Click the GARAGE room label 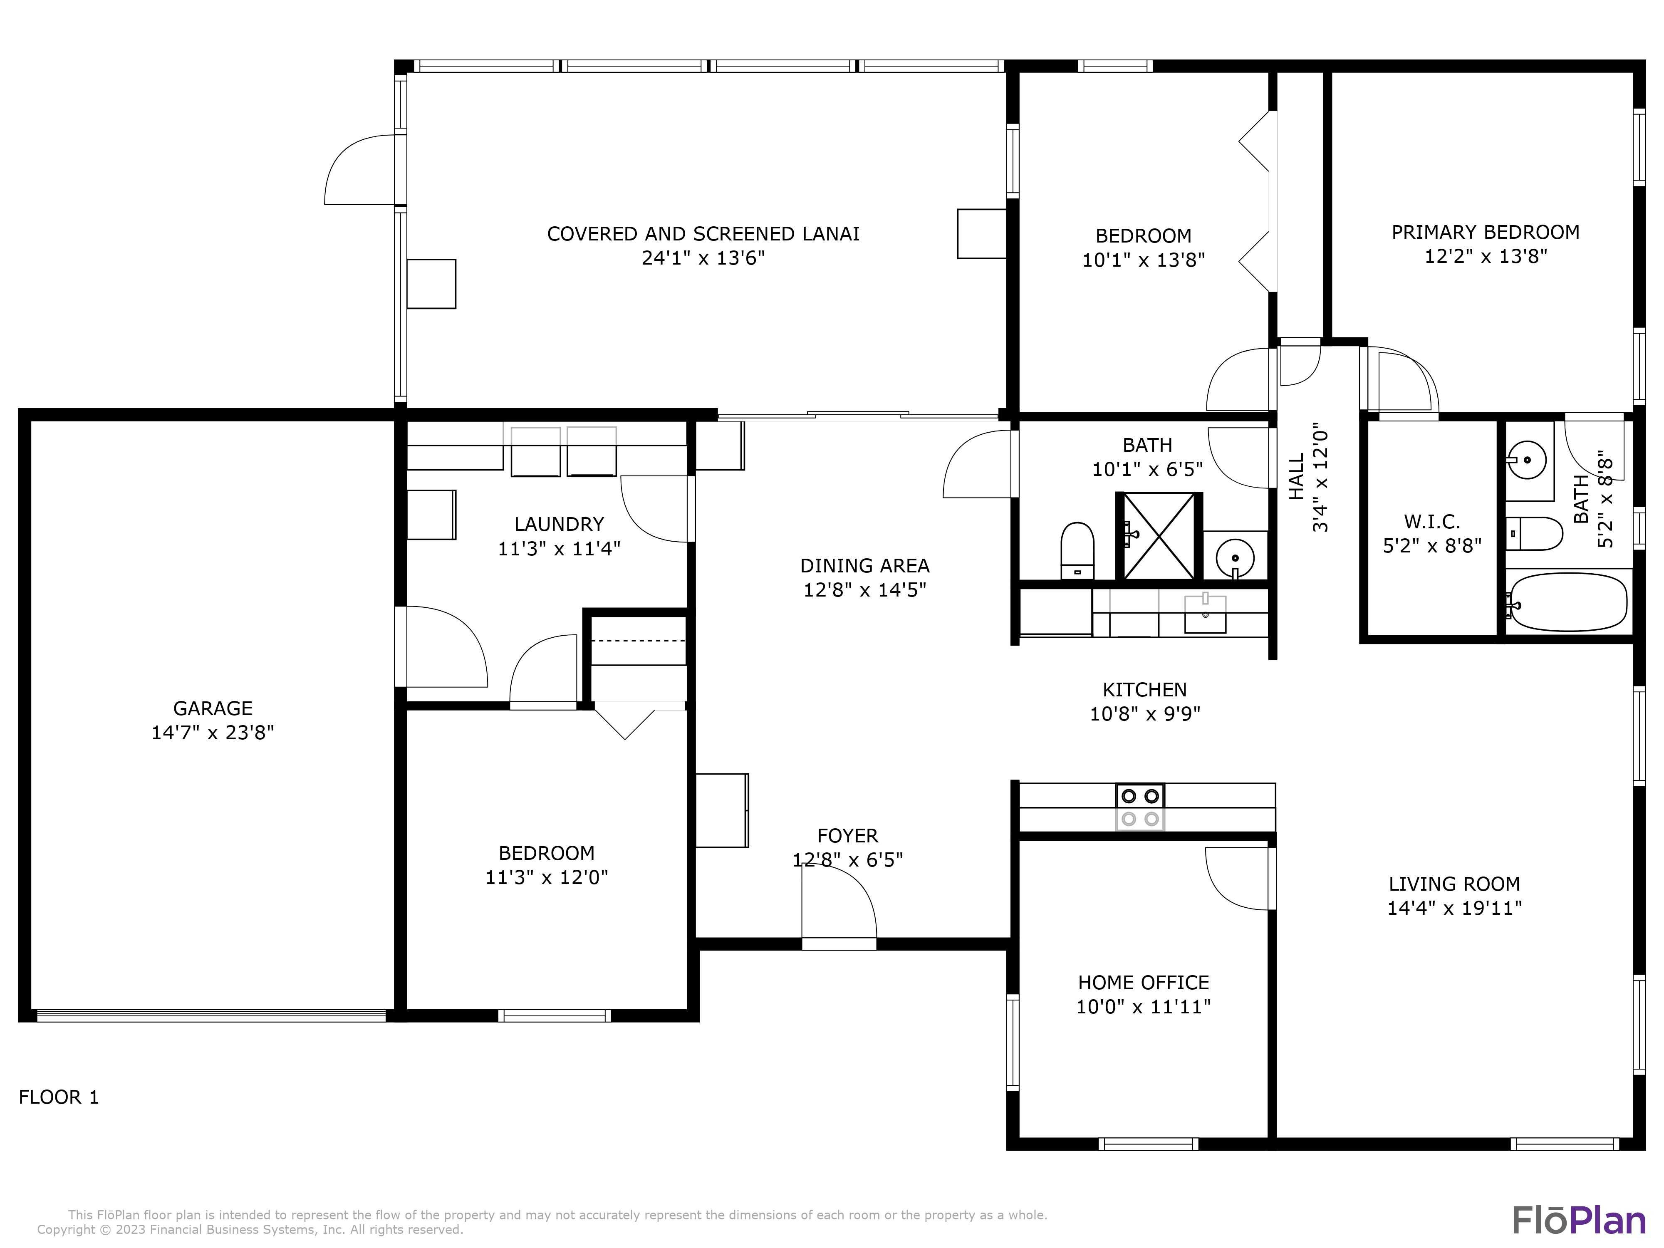(213, 708)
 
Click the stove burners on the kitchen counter (1140, 807)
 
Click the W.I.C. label (1431, 521)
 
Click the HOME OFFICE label (1143, 983)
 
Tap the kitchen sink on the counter (1205, 613)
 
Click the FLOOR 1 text (59, 1097)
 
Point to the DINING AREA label (864, 566)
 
